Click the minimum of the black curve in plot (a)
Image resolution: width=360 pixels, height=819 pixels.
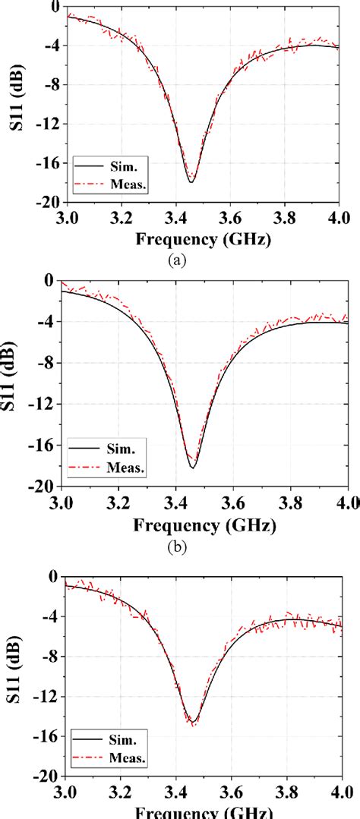[191, 182]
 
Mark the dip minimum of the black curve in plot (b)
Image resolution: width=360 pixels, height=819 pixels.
[192, 468]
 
